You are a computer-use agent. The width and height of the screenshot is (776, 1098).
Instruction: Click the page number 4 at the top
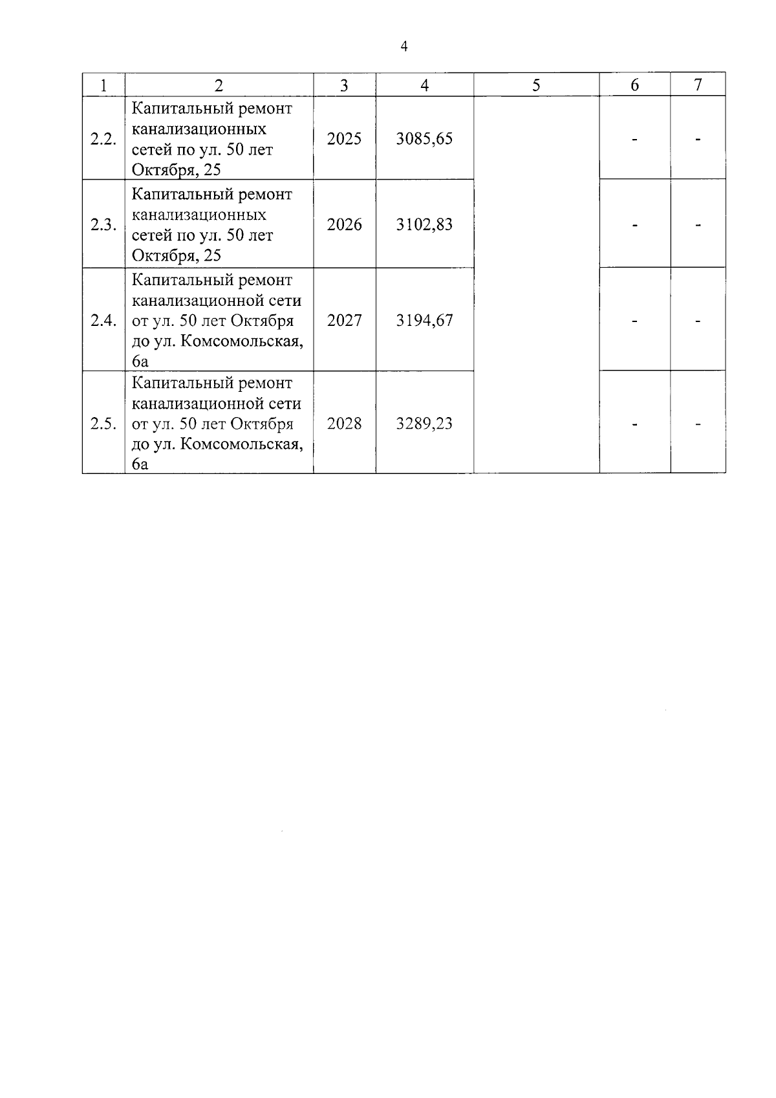[404, 47]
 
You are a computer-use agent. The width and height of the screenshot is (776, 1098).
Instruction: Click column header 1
[103, 85]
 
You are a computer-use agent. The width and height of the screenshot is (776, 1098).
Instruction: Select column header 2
[219, 85]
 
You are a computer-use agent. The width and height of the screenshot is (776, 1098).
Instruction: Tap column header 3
[344, 85]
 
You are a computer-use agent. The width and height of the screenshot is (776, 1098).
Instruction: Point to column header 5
[536, 85]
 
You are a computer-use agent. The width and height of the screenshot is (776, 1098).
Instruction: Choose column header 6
[634, 85]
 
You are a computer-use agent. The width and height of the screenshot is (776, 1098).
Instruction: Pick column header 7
[698, 85]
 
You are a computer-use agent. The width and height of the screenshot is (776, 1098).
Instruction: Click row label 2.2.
[103, 139]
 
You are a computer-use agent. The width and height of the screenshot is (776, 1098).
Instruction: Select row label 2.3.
[103, 225]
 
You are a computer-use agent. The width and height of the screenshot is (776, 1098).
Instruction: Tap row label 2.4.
[103, 321]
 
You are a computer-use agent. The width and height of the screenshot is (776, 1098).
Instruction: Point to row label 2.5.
[103, 424]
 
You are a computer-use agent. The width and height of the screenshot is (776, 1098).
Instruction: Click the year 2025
[344, 139]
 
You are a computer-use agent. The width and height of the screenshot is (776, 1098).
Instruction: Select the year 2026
[344, 225]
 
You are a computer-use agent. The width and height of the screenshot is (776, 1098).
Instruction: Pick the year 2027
[344, 321]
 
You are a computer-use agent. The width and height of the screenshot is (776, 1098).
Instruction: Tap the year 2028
[344, 424]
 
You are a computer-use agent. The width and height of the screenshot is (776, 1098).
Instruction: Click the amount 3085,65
[424, 139]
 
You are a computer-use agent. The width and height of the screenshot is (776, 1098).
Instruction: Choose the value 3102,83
[424, 225]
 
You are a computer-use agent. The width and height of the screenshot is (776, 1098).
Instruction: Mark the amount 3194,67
[424, 321]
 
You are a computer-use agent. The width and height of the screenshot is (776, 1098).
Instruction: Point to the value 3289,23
[424, 424]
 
